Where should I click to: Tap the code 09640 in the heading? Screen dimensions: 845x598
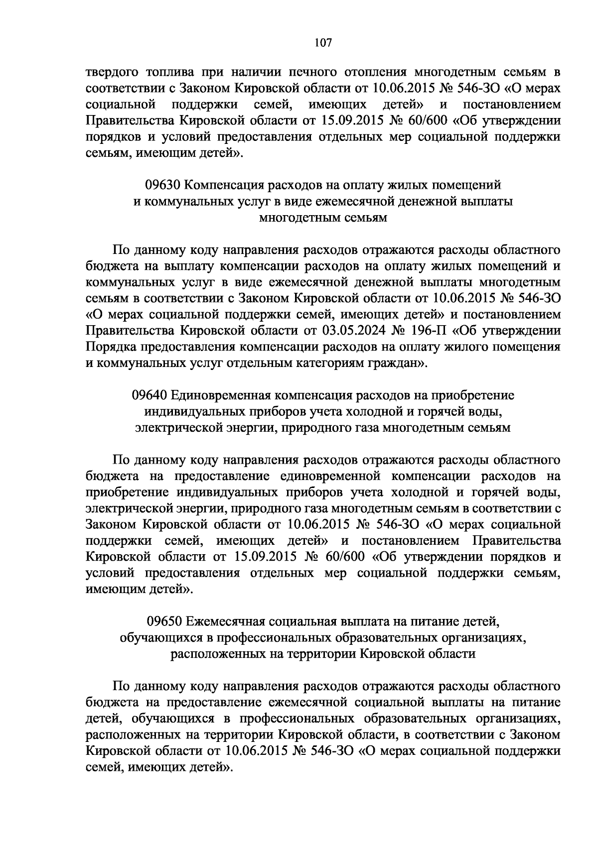click(149, 395)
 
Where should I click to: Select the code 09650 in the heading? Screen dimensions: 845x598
click(164, 621)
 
